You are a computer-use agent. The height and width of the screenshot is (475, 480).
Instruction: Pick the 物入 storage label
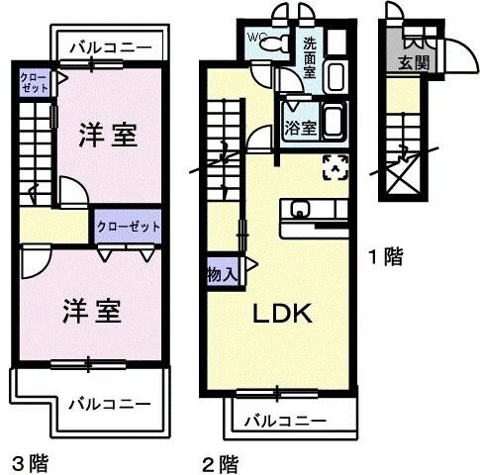pos(222,273)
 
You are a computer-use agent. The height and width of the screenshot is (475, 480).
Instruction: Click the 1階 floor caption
pos(385,258)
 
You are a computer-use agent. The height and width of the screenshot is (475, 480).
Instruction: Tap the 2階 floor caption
pos(222,462)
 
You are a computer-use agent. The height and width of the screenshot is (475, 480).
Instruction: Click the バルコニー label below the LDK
pos(285,421)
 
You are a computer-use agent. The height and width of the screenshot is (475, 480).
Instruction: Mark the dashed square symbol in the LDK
pos(336,166)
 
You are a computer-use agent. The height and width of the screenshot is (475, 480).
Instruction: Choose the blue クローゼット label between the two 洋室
pos(129,227)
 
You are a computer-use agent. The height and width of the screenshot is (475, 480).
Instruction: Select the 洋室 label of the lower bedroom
pos(95,311)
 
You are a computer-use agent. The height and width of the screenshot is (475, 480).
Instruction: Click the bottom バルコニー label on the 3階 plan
pos(109,403)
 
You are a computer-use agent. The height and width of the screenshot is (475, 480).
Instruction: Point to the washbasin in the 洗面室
pos(334,74)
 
